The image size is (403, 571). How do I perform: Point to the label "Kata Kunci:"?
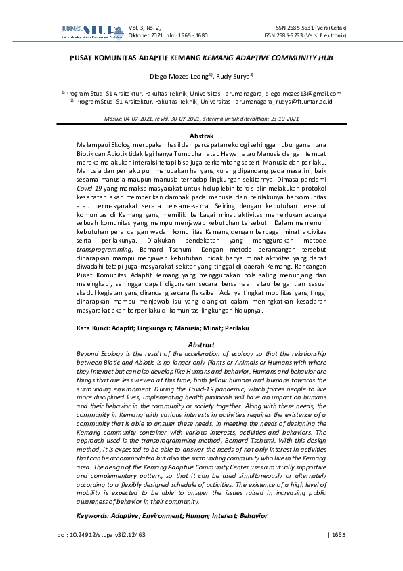[x=94, y=328]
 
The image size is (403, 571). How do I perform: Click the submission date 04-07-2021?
[x=136, y=118]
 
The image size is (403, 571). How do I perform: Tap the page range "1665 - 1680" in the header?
[x=192, y=35]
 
